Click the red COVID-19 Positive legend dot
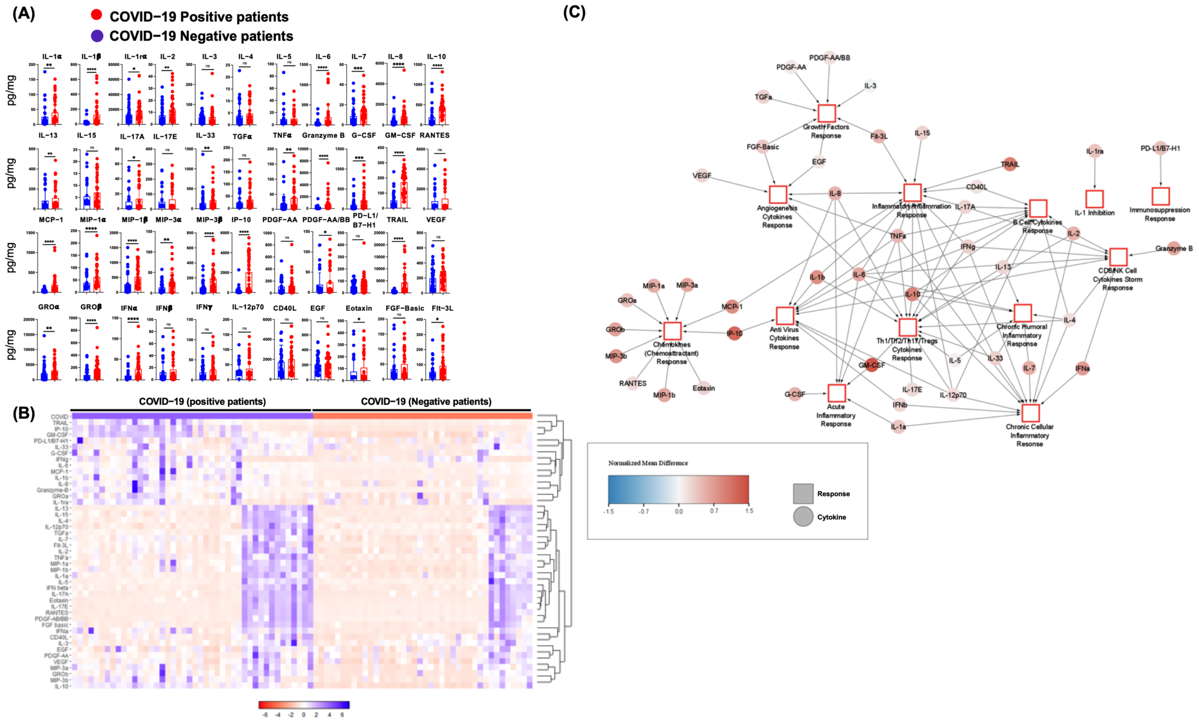pyautogui.click(x=97, y=15)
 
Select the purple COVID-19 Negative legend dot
pyautogui.click(x=97, y=36)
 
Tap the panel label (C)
pyautogui.click(x=574, y=12)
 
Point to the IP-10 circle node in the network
pyautogui.click(x=734, y=333)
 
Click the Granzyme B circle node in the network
pyautogui.click(x=1174, y=248)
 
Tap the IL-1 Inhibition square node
pyautogui.click(x=1094, y=199)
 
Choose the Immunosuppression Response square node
pyautogui.click(x=1160, y=196)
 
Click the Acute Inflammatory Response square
pyautogui.click(x=836, y=393)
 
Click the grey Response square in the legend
pyautogui.click(x=803, y=493)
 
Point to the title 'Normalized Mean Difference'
pyautogui.click(x=648, y=463)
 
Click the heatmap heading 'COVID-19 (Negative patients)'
pyautogui.click(x=426, y=402)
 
